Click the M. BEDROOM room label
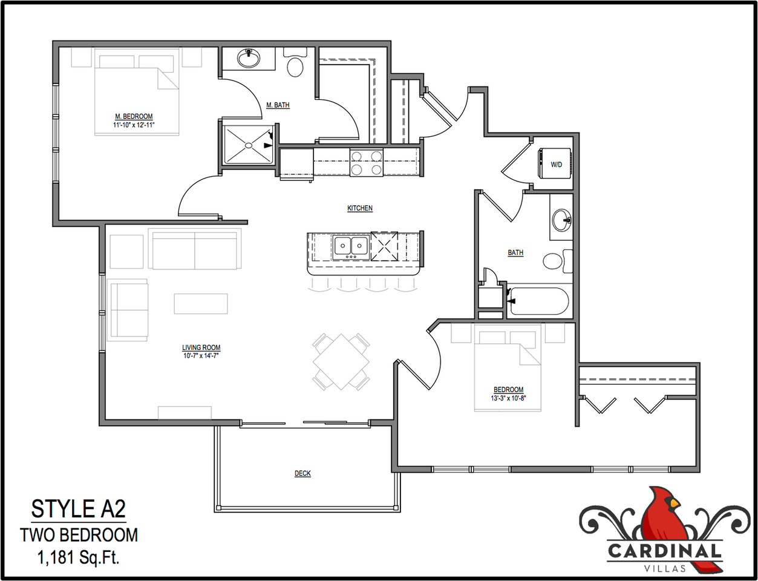[134, 116]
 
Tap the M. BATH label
[278, 105]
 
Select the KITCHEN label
[360, 208]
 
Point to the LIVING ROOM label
[201, 347]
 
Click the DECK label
[302, 473]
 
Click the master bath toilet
[295, 65]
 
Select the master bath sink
[248, 58]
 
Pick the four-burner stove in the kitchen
[367, 163]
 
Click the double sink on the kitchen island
[350, 246]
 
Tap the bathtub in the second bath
[538, 301]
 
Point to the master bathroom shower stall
[248, 145]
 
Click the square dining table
[341, 361]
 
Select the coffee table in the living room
[201, 303]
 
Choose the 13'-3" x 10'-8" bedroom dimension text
[508, 398]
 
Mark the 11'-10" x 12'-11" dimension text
[134, 125]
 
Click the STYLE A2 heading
[78, 509]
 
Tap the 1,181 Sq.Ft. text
[79, 557]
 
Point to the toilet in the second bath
[554, 261]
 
